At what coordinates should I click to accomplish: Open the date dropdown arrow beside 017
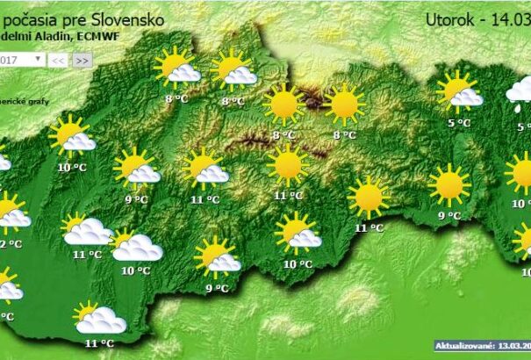click(x=38, y=59)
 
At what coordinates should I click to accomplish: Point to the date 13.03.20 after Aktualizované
click(x=514, y=346)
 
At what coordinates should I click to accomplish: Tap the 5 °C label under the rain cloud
click(x=524, y=127)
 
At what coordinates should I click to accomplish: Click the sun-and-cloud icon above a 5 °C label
click(x=459, y=90)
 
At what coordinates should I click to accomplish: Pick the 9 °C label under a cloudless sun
click(x=448, y=215)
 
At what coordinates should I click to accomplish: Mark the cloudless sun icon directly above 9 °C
click(x=449, y=184)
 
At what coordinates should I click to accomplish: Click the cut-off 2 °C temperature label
click(x=10, y=243)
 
